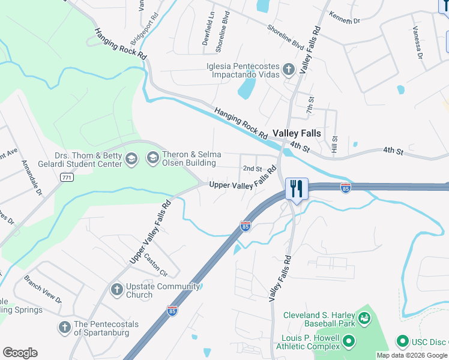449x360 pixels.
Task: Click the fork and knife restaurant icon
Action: click(297, 188)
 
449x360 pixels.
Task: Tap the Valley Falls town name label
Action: click(297, 133)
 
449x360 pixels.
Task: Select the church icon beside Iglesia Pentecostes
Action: click(288, 70)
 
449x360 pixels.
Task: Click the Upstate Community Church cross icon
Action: click(117, 290)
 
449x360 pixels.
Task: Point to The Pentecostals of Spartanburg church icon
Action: click(65, 328)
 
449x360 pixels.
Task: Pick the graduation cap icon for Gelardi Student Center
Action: click(132, 159)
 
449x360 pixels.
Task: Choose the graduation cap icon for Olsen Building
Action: click(153, 159)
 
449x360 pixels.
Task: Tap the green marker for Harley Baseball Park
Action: click(364, 319)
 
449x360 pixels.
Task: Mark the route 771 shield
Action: click(67, 177)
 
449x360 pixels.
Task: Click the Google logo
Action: click(20, 353)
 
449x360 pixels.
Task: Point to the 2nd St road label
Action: click(252, 169)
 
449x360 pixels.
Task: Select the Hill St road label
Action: click(335, 143)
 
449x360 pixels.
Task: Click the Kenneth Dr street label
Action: click(344, 16)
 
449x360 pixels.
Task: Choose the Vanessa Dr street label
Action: click(417, 42)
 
